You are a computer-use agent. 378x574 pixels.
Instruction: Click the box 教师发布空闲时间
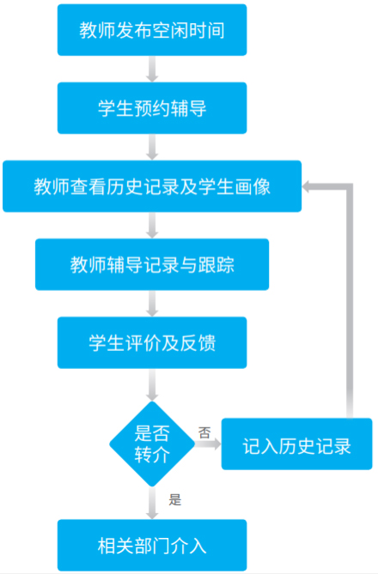(152, 30)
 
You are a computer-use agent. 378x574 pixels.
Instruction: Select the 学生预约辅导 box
(152, 108)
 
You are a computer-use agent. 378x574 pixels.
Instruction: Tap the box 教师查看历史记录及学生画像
(152, 186)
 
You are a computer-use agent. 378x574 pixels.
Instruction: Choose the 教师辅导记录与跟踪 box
(152, 264)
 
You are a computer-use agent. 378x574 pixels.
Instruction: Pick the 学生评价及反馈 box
(152, 342)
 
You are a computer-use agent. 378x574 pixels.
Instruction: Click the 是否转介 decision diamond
(152, 444)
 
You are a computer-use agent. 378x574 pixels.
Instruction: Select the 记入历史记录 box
(296, 444)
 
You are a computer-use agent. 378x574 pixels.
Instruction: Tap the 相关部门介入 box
(152, 546)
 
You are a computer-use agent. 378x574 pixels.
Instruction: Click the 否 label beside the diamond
(204, 432)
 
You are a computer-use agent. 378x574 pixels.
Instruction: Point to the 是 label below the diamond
(175, 499)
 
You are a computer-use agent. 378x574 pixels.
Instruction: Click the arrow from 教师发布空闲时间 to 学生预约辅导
(152, 69)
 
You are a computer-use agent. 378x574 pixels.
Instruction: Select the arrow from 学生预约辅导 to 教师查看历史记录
(152, 148)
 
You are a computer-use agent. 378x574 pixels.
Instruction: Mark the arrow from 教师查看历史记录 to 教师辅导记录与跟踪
(152, 225)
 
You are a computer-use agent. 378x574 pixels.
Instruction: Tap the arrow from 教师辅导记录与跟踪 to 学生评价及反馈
(152, 304)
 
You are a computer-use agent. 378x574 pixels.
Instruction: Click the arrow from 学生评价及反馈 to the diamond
(152, 384)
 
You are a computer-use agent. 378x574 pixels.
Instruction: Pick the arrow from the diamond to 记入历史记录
(208, 444)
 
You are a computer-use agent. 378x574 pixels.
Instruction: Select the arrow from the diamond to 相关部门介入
(152, 504)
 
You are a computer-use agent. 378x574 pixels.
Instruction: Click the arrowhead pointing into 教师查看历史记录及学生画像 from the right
(306, 186)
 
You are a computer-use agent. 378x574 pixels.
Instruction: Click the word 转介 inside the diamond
(152, 455)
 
